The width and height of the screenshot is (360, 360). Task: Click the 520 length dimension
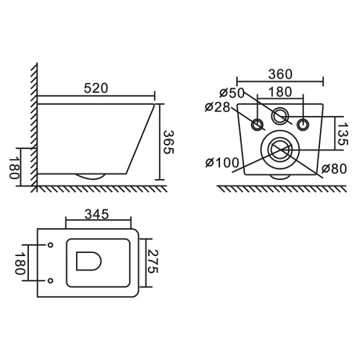tap(96, 89)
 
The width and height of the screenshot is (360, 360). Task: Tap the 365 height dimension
tap(168, 142)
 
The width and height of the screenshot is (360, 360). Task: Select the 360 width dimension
tap(280, 74)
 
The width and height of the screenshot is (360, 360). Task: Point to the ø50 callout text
tap(232, 93)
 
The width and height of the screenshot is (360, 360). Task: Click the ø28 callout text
tap(218, 107)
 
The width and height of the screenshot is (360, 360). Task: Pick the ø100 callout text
tap(222, 162)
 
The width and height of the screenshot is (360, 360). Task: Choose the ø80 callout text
tap(334, 169)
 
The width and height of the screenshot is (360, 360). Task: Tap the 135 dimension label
tap(342, 134)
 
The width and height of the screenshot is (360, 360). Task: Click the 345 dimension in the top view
tap(97, 214)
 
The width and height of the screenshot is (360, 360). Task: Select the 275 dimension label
tap(153, 262)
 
